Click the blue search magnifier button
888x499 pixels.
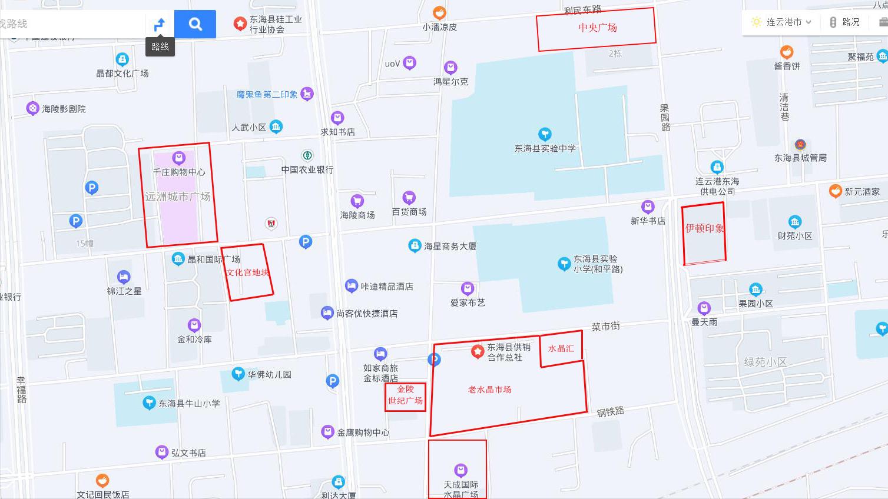tap(195, 24)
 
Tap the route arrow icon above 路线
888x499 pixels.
tap(160, 25)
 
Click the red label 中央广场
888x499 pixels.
tap(597, 28)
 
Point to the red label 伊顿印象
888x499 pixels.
tap(704, 228)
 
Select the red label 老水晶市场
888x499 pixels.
tap(489, 390)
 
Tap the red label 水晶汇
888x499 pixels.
tap(561, 348)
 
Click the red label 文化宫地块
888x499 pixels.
tap(248, 272)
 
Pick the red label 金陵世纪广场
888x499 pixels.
tap(405, 395)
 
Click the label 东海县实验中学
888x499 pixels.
tap(545, 148)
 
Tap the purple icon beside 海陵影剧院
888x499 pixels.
tap(32, 108)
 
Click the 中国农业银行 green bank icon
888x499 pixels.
tap(307, 155)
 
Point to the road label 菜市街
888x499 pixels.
tap(605, 326)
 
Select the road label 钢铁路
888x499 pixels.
tap(610, 412)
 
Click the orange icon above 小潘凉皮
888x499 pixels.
tap(439, 12)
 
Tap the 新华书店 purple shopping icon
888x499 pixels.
tap(648, 207)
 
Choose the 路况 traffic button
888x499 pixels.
tap(844, 22)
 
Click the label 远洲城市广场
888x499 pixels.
tap(178, 197)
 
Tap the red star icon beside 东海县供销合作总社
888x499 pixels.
tap(478, 352)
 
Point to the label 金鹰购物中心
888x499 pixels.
tap(363, 433)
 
